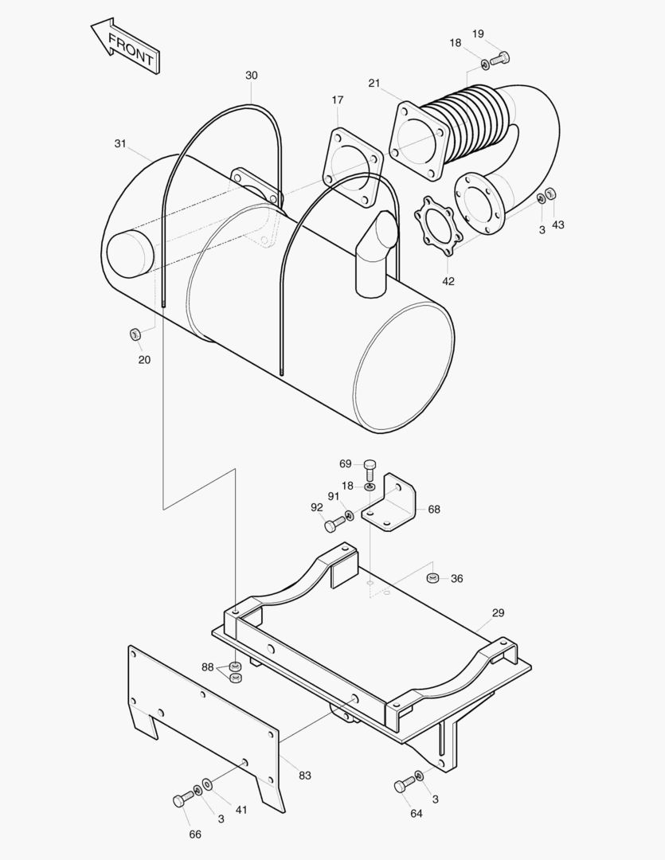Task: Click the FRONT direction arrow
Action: (126, 47)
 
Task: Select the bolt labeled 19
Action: (502, 57)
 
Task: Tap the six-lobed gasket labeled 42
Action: (436, 226)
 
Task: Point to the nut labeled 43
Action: (551, 194)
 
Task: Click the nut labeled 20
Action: (135, 333)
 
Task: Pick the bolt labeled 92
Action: (334, 524)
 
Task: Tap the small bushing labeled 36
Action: (433, 577)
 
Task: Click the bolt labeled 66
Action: (181, 799)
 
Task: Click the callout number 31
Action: (120, 143)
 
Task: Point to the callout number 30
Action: (252, 76)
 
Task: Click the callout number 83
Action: (305, 775)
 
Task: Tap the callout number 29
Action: (498, 613)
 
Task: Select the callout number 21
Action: (374, 83)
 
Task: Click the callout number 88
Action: (207, 667)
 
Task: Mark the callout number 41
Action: (241, 810)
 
